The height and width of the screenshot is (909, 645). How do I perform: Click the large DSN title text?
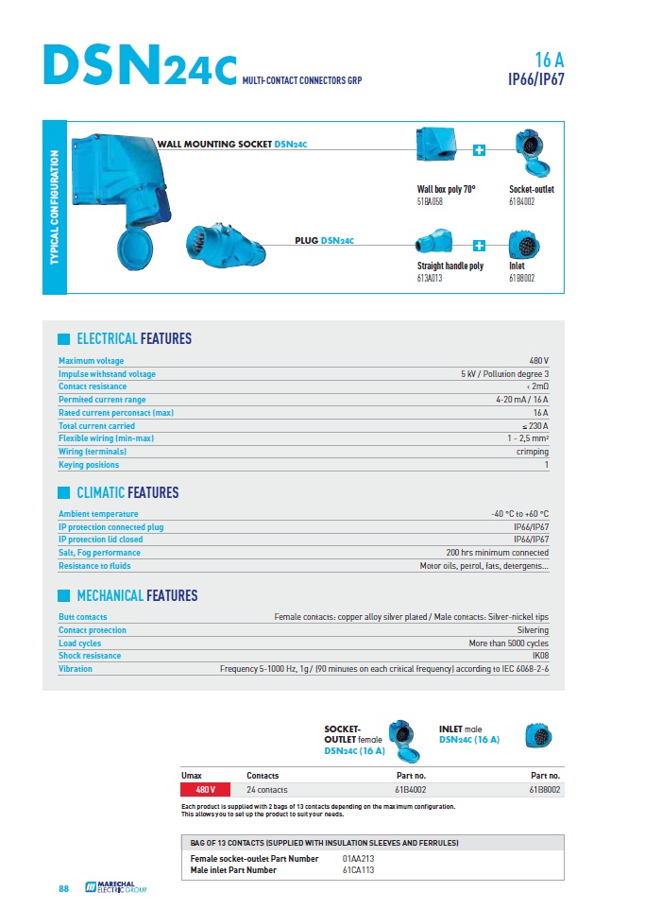point(140,66)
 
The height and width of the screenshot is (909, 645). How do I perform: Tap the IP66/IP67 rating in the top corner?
point(535,79)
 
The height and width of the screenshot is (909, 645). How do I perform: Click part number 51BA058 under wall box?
point(431,202)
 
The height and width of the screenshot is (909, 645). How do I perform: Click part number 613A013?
point(431,279)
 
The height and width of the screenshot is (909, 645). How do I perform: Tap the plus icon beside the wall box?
point(479,150)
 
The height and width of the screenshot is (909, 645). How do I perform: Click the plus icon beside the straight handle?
point(479,244)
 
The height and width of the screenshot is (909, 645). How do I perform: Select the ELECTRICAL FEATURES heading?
point(133,338)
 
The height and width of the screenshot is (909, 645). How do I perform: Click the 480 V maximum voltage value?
point(539,361)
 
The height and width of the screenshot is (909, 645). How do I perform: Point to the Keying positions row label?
point(89,465)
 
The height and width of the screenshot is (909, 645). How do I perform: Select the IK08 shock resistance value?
point(539,656)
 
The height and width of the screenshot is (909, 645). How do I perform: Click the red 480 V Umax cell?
point(206,789)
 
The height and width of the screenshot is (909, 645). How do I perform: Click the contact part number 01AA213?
point(358,859)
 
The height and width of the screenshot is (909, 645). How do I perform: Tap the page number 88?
point(64,889)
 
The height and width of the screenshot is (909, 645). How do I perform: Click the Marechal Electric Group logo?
point(117,888)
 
